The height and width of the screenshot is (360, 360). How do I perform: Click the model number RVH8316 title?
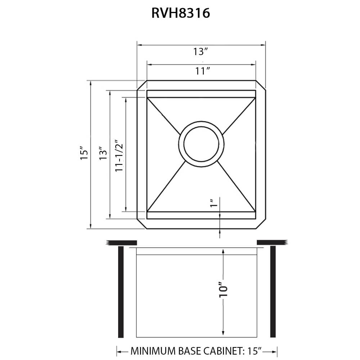tap(180, 13)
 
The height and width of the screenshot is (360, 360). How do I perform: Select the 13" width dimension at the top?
tap(201, 52)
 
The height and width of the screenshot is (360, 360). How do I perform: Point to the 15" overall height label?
tap(84, 153)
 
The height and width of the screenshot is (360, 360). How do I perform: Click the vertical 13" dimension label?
tap(104, 153)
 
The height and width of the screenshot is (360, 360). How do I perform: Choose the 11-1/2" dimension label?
tap(120, 155)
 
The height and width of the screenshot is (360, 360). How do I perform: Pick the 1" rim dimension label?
tap(214, 204)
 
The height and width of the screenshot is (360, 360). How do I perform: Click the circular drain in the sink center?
tap(201, 143)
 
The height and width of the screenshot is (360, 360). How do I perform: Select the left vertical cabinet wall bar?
tap(121, 292)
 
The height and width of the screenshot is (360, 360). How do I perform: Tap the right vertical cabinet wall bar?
tap(273, 292)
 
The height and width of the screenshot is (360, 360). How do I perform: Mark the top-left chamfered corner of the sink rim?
tap(141, 85)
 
